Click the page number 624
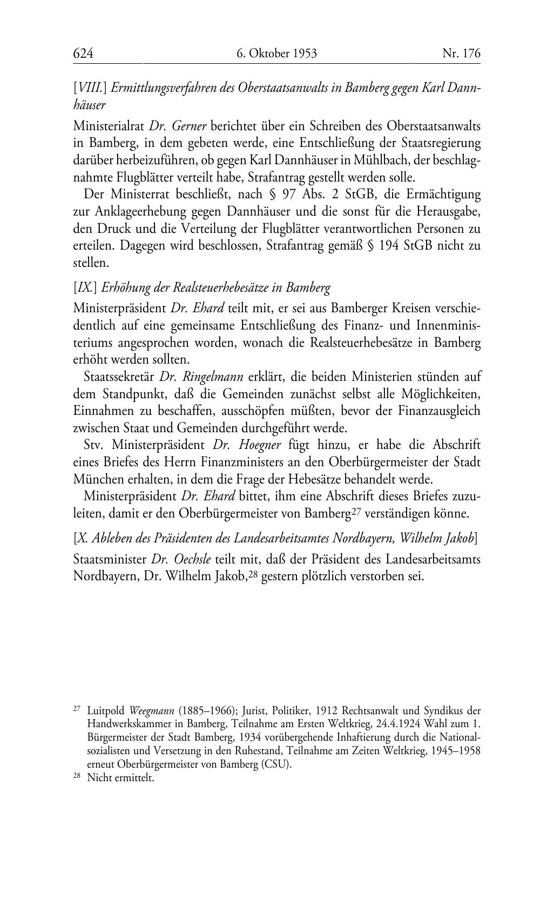(83, 53)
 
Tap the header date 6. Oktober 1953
(276, 53)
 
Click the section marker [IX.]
(85, 287)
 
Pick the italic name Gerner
(189, 126)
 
